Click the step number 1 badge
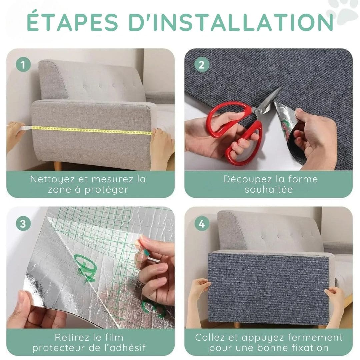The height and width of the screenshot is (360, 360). click(x=23, y=65)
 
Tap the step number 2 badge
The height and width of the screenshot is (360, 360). click(x=202, y=65)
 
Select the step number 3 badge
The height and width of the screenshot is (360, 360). click(x=23, y=223)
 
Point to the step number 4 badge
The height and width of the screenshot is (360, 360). click(x=202, y=223)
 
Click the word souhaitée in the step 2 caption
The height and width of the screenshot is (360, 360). click(x=269, y=189)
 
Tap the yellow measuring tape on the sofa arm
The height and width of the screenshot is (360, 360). click(x=92, y=130)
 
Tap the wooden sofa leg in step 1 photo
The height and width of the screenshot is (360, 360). click(x=58, y=166)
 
